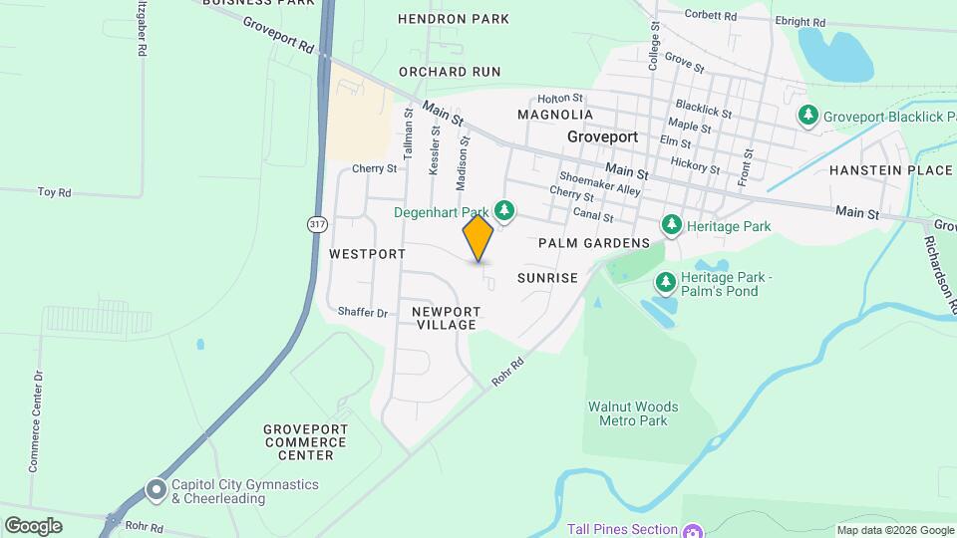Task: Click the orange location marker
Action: [x=478, y=238]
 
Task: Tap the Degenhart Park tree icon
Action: [x=505, y=210]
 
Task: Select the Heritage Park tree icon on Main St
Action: [x=672, y=226]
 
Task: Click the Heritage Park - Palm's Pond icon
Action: [x=665, y=283]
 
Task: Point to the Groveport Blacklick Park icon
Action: [x=808, y=117]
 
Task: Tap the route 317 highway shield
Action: [x=317, y=224]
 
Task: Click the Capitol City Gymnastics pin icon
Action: [x=156, y=490]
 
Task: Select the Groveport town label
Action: [x=602, y=136]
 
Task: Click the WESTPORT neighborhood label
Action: [x=367, y=254]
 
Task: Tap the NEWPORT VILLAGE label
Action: [x=447, y=318]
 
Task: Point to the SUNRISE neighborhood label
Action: [x=547, y=278]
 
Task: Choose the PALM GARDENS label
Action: [x=594, y=243]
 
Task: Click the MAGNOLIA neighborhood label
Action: [x=556, y=115]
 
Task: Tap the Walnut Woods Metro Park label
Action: [x=632, y=413]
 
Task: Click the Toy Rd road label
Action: [x=54, y=191]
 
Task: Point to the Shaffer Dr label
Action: [x=363, y=312]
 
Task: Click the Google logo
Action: [x=33, y=525]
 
